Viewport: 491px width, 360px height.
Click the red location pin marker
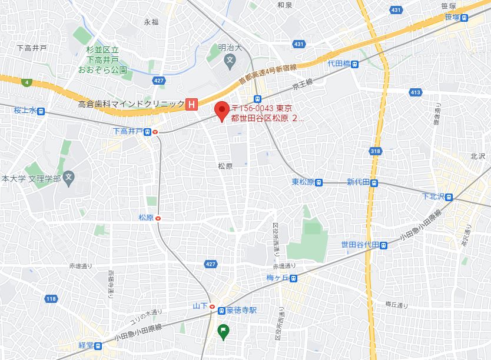(x=221, y=111)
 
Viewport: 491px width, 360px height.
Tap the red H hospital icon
(x=191, y=104)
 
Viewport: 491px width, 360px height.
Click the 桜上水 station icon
(x=40, y=110)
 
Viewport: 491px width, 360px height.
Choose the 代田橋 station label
(x=339, y=64)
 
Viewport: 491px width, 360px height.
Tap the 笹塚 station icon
(x=465, y=18)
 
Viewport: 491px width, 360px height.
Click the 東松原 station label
(x=303, y=182)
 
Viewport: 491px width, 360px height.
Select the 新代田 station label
(x=358, y=182)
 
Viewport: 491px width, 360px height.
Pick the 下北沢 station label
(x=434, y=196)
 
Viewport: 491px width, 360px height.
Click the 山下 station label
(x=200, y=306)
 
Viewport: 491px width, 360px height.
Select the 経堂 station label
(x=86, y=346)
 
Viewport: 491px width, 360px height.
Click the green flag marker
(x=224, y=332)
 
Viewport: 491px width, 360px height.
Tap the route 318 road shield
(x=376, y=151)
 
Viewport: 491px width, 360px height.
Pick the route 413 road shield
(x=416, y=92)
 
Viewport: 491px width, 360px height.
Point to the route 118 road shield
(x=51, y=299)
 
